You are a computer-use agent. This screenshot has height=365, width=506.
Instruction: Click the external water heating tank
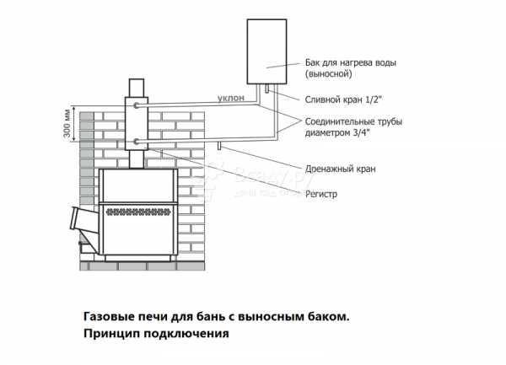point(266,51)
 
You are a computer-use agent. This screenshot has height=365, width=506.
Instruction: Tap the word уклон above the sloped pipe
point(231,98)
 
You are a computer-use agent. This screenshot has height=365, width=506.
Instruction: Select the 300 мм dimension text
point(67,123)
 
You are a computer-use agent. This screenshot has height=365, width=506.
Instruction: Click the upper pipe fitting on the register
point(137,105)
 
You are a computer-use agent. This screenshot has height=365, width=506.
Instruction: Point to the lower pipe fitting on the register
point(137,142)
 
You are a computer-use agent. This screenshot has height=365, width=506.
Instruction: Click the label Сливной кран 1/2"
point(343,99)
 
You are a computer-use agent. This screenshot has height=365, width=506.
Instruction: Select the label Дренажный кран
point(341,169)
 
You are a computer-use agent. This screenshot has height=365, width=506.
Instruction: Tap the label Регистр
point(321,194)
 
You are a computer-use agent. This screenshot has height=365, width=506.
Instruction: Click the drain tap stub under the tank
point(267,89)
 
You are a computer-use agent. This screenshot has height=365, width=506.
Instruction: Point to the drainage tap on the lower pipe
point(219,146)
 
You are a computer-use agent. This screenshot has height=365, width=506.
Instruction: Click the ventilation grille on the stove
point(138,212)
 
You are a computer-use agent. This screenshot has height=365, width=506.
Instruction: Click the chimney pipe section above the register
point(137,88)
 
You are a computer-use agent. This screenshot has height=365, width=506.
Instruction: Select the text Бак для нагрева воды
point(351,63)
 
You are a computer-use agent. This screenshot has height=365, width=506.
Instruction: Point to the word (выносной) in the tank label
point(329,74)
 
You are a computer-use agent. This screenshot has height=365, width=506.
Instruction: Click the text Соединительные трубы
point(353,122)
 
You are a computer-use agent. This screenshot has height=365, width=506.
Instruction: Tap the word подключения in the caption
point(186,333)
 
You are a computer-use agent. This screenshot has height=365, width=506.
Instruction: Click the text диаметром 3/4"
point(337,132)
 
